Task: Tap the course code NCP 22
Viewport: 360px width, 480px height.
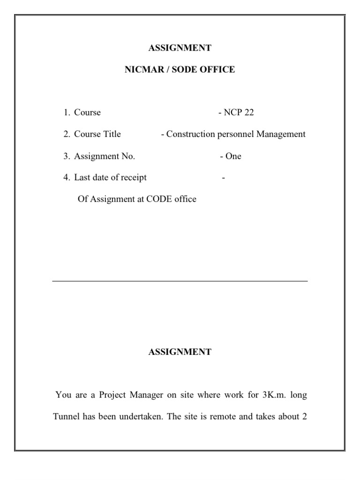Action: click(x=239, y=112)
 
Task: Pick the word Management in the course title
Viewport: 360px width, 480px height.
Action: click(x=281, y=134)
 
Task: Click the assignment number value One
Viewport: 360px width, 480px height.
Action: click(x=233, y=156)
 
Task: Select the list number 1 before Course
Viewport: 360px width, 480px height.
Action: click(x=67, y=112)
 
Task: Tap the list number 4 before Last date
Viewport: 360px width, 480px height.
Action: click(x=67, y=178)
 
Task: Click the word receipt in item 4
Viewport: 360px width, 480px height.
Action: click(x=133, y=178)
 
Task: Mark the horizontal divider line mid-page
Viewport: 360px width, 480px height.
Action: click(x=180, y=281)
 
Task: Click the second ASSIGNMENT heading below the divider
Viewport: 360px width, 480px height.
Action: click(x=180, y=352)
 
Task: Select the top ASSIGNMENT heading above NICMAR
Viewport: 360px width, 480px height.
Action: click(x=180, y=48)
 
